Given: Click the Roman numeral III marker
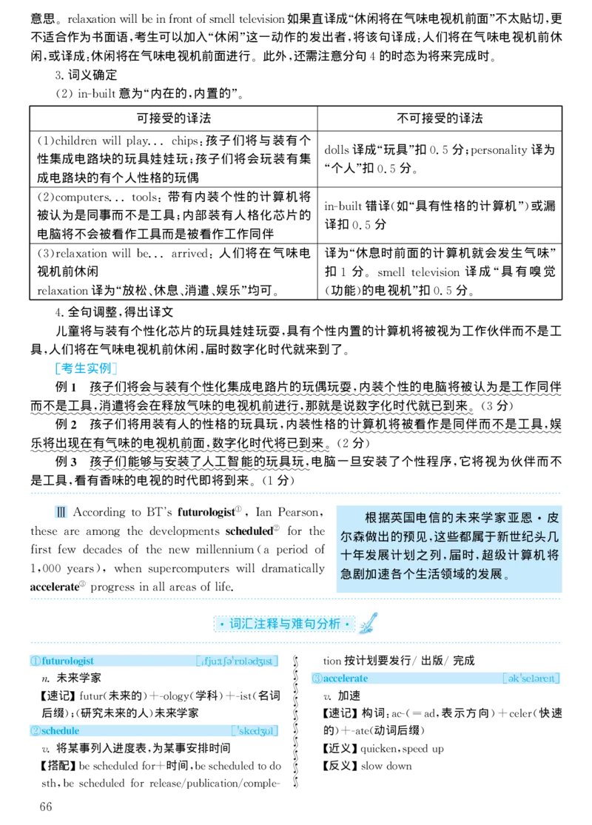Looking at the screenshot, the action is click(x=61, y=512).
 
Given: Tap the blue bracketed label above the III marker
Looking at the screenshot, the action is click(x=86, y=369).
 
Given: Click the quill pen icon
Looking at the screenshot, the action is click(x=369, y=624).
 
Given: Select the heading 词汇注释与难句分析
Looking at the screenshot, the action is click(x=285, y=624).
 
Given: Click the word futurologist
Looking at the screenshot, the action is click(x=68, y=661).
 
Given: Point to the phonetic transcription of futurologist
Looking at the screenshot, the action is click(x=238, y=661).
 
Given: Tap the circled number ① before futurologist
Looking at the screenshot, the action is click(x=35, y=661).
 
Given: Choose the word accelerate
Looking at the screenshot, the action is click(x=345, y=678).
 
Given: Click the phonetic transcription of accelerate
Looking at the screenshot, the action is click(x=531, y=678).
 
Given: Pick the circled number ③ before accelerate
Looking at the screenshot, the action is click(x=317, y=678).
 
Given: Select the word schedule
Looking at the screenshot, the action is click(x=61, y=731).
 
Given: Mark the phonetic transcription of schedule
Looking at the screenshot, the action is click(x=255, y=731).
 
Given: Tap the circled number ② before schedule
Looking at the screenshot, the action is click(x=35, y=731).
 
